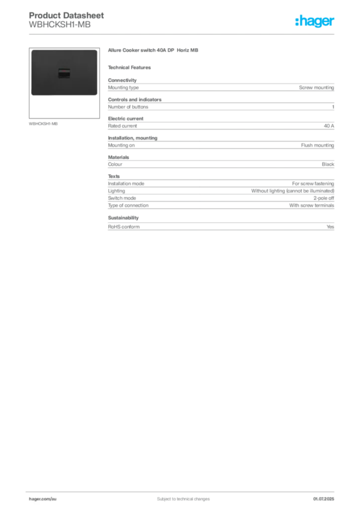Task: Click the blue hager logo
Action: click(x=316, y=22)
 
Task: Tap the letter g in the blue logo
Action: click(x=318, y=23)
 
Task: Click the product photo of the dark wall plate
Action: click(x=64, y=72)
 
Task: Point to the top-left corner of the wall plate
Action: click(x=32, y=51)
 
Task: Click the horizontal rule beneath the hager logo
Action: click(x=183, y=34)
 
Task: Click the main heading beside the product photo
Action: click(x=153, y=52)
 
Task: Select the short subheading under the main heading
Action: click(x=131, y=68)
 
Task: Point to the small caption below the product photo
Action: click(x=44, y=123)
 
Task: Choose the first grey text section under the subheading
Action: click(x=221, y=86)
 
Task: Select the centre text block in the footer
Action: click(x=179, y=496)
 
